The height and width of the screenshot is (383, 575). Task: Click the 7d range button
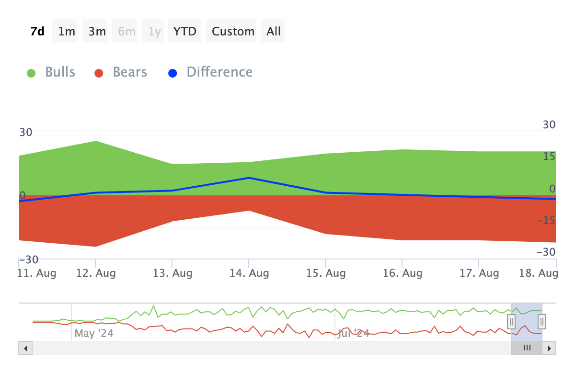point(37,31)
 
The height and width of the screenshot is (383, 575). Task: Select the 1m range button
point(67,31)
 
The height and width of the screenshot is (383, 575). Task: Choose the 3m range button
point(97,31)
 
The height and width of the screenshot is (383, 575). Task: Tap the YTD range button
point(185,31)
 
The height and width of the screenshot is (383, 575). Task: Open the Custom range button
point(233,31)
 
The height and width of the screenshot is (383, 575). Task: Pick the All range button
point(274,31)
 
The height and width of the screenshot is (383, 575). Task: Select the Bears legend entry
point(121,72)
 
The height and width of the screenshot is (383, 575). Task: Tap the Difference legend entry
point(211,72)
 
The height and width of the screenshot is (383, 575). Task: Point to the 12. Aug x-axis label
point(96,273)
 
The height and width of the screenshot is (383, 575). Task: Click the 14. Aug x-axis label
point(249,273)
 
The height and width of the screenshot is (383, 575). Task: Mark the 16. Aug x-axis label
point(402,273)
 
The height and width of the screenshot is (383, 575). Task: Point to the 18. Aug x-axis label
point(540,273)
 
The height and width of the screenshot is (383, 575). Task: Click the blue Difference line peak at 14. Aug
point(249,178)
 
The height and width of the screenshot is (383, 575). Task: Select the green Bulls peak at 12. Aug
point(96,141)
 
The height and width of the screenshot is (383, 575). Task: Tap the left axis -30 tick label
point(29,259)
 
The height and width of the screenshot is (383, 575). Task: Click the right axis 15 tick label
point(549,157)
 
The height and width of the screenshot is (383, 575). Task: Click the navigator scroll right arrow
point(550,348)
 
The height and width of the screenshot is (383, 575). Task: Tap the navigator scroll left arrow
point(25,348)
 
